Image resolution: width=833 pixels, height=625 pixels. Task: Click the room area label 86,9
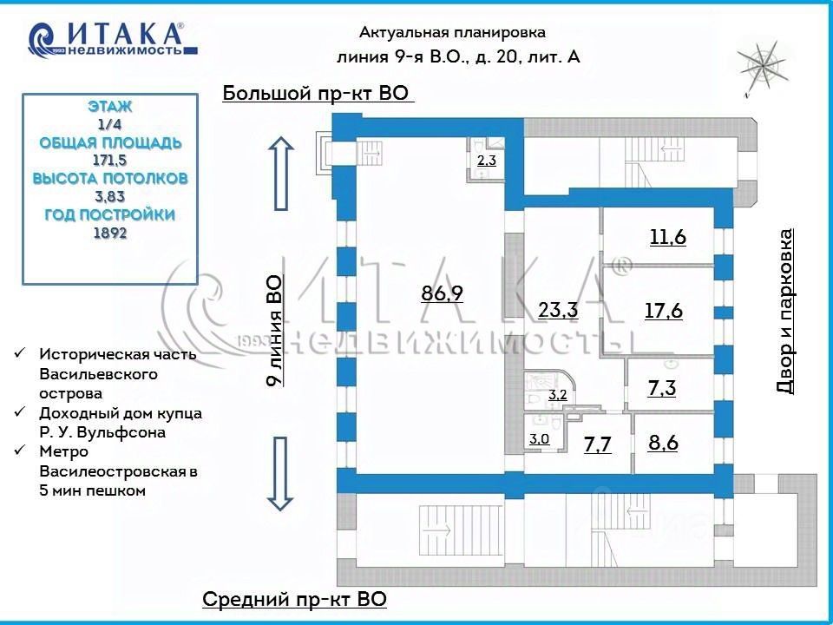click(442, 293)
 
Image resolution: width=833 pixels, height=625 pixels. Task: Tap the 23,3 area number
click(558, 309)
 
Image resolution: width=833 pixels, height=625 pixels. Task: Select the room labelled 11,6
click(668, 236)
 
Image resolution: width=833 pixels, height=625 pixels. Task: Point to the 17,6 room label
click(664, 311)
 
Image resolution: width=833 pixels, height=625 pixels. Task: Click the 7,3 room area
click(662, 388)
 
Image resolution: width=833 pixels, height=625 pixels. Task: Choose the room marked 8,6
click(663, 443)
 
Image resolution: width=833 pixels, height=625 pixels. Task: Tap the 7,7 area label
click(598, 444)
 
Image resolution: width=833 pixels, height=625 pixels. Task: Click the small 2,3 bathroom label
click(487, 160)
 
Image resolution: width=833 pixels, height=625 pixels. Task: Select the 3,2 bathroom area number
click(557, 396)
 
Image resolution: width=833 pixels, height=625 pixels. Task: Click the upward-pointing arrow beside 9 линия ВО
click(281, 174)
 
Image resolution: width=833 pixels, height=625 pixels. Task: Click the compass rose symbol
click(763, 68)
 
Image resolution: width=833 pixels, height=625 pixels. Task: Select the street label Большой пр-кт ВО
click(316, 93)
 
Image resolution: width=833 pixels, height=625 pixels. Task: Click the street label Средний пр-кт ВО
click(294, 600)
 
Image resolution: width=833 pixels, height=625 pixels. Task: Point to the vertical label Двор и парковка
click(784, 311)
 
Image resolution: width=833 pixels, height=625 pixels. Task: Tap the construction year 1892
click(110, 233)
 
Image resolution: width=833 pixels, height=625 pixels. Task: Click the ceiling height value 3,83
click(110, 197)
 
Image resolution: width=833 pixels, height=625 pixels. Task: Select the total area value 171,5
click(110, 160)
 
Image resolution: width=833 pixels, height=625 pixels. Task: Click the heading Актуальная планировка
click(452, 32)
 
